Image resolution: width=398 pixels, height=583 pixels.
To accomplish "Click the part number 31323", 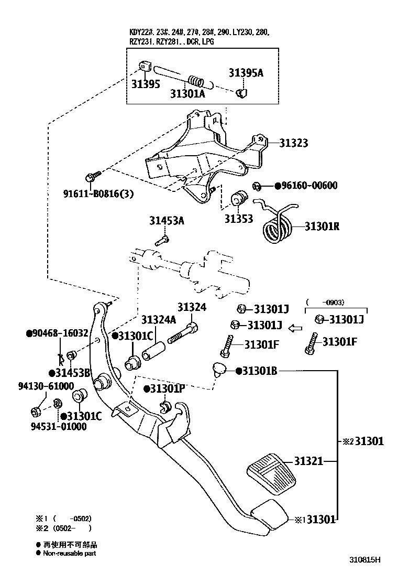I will [293, 143].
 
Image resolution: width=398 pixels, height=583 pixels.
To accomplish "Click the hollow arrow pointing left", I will [296, 328].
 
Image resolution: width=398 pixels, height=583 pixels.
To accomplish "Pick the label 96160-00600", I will [308, 186].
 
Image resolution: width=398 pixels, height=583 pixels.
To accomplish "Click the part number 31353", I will [239, 219].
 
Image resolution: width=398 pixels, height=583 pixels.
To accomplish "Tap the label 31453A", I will [167, 221].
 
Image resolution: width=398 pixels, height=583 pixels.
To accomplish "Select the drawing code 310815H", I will [365, 559].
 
